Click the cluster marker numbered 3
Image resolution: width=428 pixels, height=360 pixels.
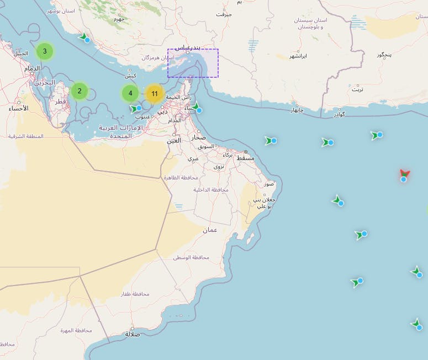[45, 51]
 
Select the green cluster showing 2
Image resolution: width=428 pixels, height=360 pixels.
[80, 91]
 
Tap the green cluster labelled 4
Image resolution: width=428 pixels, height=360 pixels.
[130, 93]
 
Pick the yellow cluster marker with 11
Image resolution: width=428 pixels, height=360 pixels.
[155, 94]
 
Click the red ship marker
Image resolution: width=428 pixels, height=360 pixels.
[404, 176]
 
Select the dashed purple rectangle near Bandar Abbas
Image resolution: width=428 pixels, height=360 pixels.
[193, 63]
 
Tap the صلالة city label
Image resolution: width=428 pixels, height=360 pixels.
[133, 334]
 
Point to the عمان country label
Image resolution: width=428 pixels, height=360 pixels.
[209, 230]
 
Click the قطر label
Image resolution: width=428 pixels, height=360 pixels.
[60, 102]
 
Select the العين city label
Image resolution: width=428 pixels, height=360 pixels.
[174, 140]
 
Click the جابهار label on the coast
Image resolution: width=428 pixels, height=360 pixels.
[297, 110]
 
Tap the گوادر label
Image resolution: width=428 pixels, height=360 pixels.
[340, 115]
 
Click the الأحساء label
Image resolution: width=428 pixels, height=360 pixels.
[18, 108]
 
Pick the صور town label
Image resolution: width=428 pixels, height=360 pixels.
[269, 184]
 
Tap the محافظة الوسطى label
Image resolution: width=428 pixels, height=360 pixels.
[191, 258]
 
